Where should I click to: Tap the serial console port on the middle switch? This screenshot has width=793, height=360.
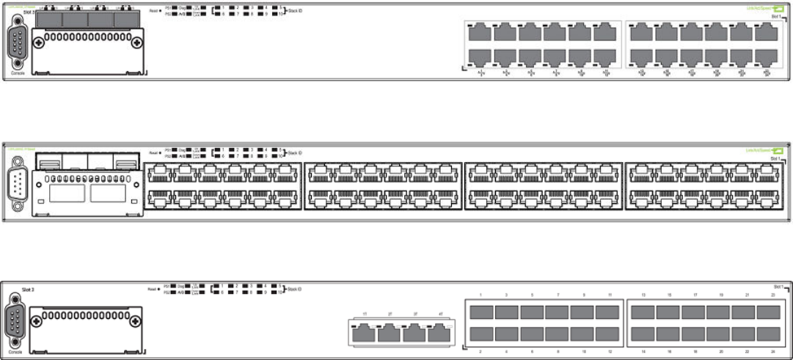tap(18, 183)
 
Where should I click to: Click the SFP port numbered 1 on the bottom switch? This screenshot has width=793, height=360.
tap(481, 312)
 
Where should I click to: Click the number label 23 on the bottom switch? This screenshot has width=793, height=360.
tap(773, 295)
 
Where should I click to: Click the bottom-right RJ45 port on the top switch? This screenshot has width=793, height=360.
tap(767, 57)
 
